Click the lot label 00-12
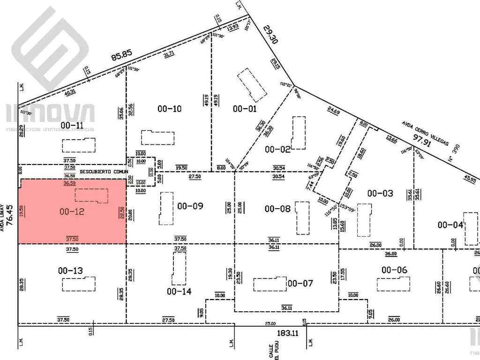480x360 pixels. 72,212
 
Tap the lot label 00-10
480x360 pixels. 169,109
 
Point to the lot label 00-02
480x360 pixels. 277,150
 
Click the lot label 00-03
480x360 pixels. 380,193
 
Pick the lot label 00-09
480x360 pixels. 190,206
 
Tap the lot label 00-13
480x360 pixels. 70,270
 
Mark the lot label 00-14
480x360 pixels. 179,291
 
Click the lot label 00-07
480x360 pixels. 300,283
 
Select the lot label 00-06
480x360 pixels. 394,270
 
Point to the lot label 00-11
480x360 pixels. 72,125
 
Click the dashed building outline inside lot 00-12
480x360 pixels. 92,196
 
